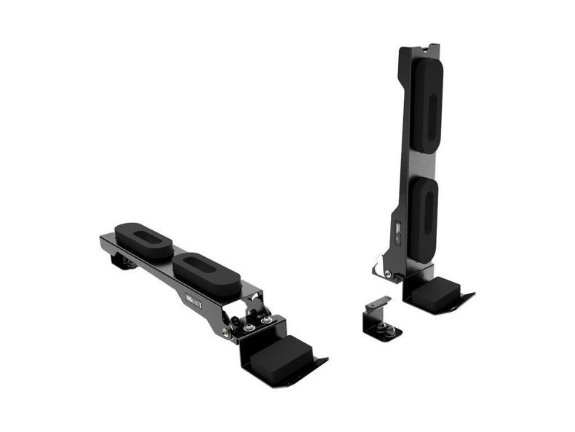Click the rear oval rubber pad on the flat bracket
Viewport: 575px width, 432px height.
pyautogui.click(x=143, y=240)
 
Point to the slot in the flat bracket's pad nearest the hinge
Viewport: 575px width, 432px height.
pyautogui.click(x=206, y=267)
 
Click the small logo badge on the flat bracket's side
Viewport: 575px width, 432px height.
pyautogui.click(x=193, y=302)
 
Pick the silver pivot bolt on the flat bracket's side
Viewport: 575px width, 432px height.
pyautogui.click(x=226, y=332)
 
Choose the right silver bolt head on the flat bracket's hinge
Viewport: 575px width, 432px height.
pyautogui.click(x=268, y=319)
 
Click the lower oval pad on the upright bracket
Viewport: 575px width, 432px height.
pyautogui.click(x=424, y=219)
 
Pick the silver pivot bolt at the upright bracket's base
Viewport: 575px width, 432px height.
pyautogui.click(x=387, y=274)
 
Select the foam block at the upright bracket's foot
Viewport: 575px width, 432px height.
pyautogui.click(x=435, y=292)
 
